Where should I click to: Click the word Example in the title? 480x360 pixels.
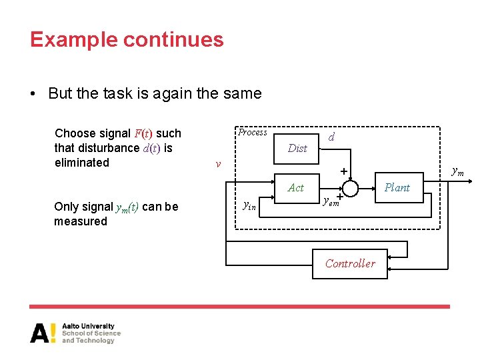point(71,40)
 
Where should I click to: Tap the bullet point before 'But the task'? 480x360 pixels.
point(34,94)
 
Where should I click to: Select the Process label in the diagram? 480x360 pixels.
point(253,132)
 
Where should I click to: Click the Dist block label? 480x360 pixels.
point(297,148)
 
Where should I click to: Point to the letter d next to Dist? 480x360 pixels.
point(331,137)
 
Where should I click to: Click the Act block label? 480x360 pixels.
point(296,188)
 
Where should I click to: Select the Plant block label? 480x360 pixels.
point(397,187)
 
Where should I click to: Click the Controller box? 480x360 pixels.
point(350,263)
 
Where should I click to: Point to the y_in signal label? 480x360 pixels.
point(249,207)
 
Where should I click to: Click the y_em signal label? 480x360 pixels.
point(331,201)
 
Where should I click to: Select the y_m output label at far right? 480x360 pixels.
point(458,172)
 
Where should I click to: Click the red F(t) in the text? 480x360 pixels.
point(143,133)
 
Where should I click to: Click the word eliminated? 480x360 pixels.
point(82,163)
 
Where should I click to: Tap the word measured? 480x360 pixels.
point(81,221)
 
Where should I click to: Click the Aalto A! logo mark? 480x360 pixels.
point(43,333)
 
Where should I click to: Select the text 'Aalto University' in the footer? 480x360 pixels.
point(88,326)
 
